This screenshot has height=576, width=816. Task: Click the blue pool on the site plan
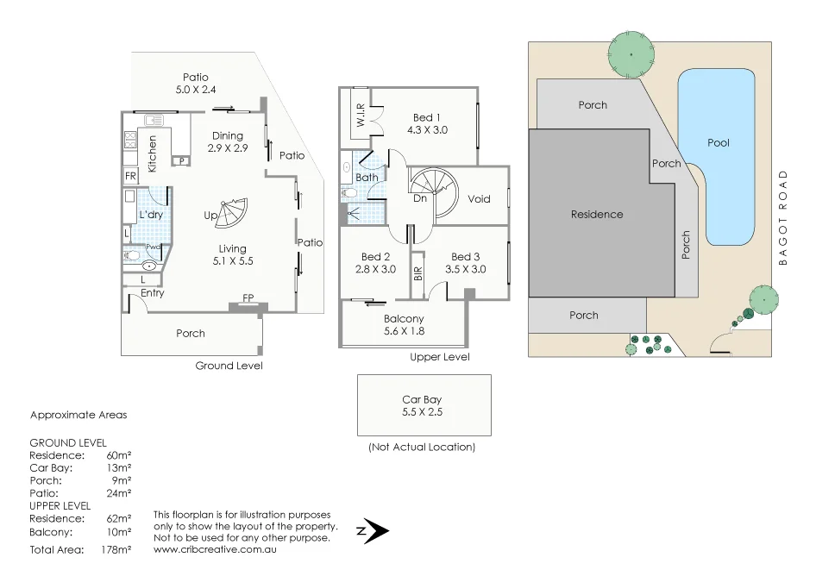718,155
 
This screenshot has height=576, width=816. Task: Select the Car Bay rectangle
424,404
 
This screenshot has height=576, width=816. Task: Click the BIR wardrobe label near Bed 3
418,273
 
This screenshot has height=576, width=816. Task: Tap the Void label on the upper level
479,199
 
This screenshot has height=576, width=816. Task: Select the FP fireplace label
248,298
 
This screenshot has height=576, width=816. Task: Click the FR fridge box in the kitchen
131,177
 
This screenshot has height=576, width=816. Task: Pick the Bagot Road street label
783,218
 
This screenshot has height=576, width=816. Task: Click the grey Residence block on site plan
597,214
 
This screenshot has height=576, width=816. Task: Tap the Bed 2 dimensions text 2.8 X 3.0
375,269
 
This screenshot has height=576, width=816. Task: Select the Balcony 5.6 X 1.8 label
404,325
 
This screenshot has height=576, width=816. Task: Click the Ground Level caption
229,366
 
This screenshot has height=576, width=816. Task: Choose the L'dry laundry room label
151,215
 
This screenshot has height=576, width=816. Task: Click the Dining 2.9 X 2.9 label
228,141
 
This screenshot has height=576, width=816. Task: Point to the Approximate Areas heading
78,415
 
